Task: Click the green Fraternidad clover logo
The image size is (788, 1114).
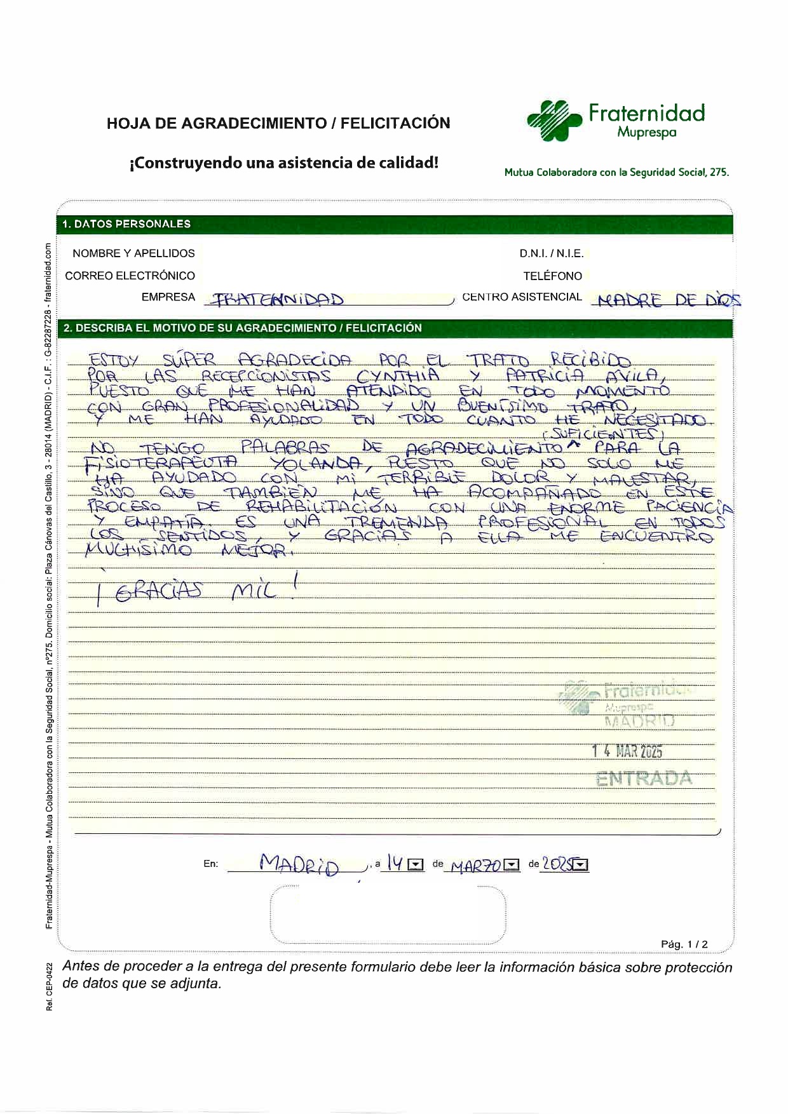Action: pyautogui.click(x=554, y=119)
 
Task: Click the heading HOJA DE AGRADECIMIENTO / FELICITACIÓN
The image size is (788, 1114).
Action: pyautogui.click(x=278, y=123)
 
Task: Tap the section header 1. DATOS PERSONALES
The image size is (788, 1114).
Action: pyautogui.click(x=126, y=224)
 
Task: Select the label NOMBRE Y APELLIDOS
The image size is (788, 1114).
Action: pyautogui.click(x=133, y=253)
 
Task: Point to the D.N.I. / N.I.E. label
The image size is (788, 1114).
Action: pyautogui.click(x=551, y=253)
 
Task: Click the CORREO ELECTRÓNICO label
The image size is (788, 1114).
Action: pyautogui.click(x=130, y=276)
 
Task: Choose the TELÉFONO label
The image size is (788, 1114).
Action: pyautogui.click(x=552, y=276)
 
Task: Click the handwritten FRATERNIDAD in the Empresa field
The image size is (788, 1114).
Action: pyautogui.click(x=277, y=300)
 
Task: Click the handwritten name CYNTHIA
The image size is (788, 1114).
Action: pyautogui.click(x=398, y=375)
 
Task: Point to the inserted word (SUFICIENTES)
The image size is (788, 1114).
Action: pyautogui.click(x=603, y=434)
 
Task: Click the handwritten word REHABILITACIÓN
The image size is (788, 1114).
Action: pyautogui.click(x=321, y=507)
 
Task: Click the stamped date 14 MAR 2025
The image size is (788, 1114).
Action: pyautogui.click(x=627, y=751)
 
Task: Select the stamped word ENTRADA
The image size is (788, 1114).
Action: pyautogui.click(x=644, y=779)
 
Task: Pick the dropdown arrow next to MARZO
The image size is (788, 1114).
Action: pyautogui.click(x=512, y=865)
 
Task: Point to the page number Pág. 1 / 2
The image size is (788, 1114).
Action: pyautogui.click(x=684, y=944)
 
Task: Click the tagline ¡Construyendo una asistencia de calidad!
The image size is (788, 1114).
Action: pyautogui.click(x=284, y=163)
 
